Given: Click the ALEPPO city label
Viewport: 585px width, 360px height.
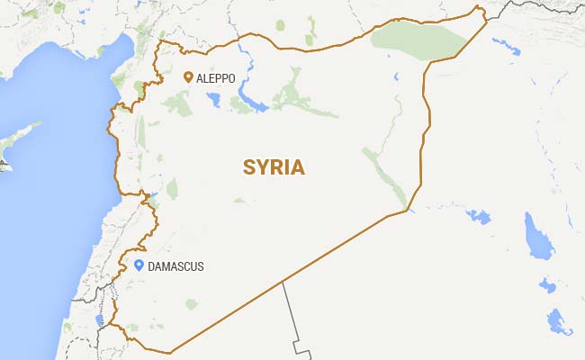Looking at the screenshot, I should (x=217, y=79).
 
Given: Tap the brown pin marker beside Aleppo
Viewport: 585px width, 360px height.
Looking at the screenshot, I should (x=187, y=78).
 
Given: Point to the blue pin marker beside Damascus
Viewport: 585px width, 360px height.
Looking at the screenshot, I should (x=139, y=265).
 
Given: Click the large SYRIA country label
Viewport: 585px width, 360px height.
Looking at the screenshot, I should (x=274, y=167).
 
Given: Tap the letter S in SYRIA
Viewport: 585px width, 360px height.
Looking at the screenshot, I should (x=249, y=167).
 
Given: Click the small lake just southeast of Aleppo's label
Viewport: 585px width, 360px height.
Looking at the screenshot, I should (x=217, y=102).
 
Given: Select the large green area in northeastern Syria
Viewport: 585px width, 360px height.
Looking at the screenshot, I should (x=418, y=40).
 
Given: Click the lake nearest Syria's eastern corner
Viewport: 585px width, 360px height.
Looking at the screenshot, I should (x=479, y=216).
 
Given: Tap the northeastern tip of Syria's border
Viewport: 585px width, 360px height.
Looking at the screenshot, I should (x=481, y=10).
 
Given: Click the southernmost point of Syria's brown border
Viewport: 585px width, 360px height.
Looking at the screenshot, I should (x=167, y=352).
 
